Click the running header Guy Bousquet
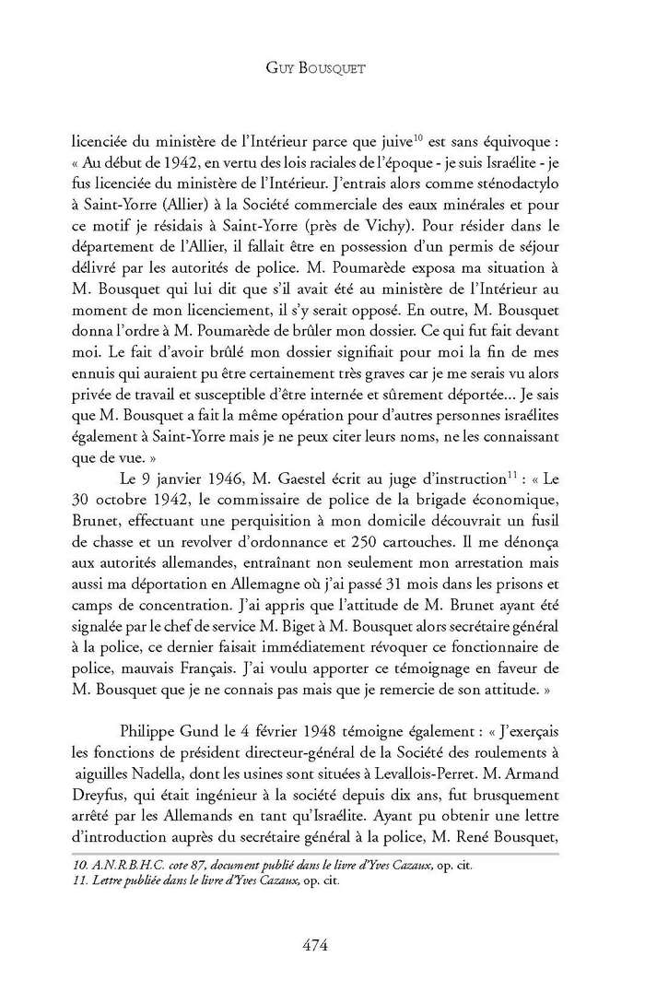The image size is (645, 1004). coord(322,67)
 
